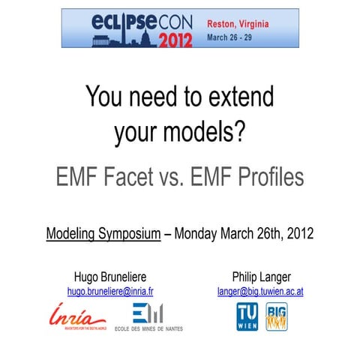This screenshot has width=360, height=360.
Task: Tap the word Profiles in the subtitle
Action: [x=264, y=177]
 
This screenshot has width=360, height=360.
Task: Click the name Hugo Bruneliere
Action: [x=110, y=274]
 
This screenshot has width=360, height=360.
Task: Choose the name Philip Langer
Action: [x=259, y=274]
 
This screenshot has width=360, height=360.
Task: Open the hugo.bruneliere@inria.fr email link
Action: [x=110, y=290]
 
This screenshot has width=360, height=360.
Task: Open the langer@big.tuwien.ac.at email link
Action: [x=260, y=290]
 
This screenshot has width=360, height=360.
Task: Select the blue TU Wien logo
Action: [x=247, y=316]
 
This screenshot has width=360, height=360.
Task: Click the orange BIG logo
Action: [x=277, y=316]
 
